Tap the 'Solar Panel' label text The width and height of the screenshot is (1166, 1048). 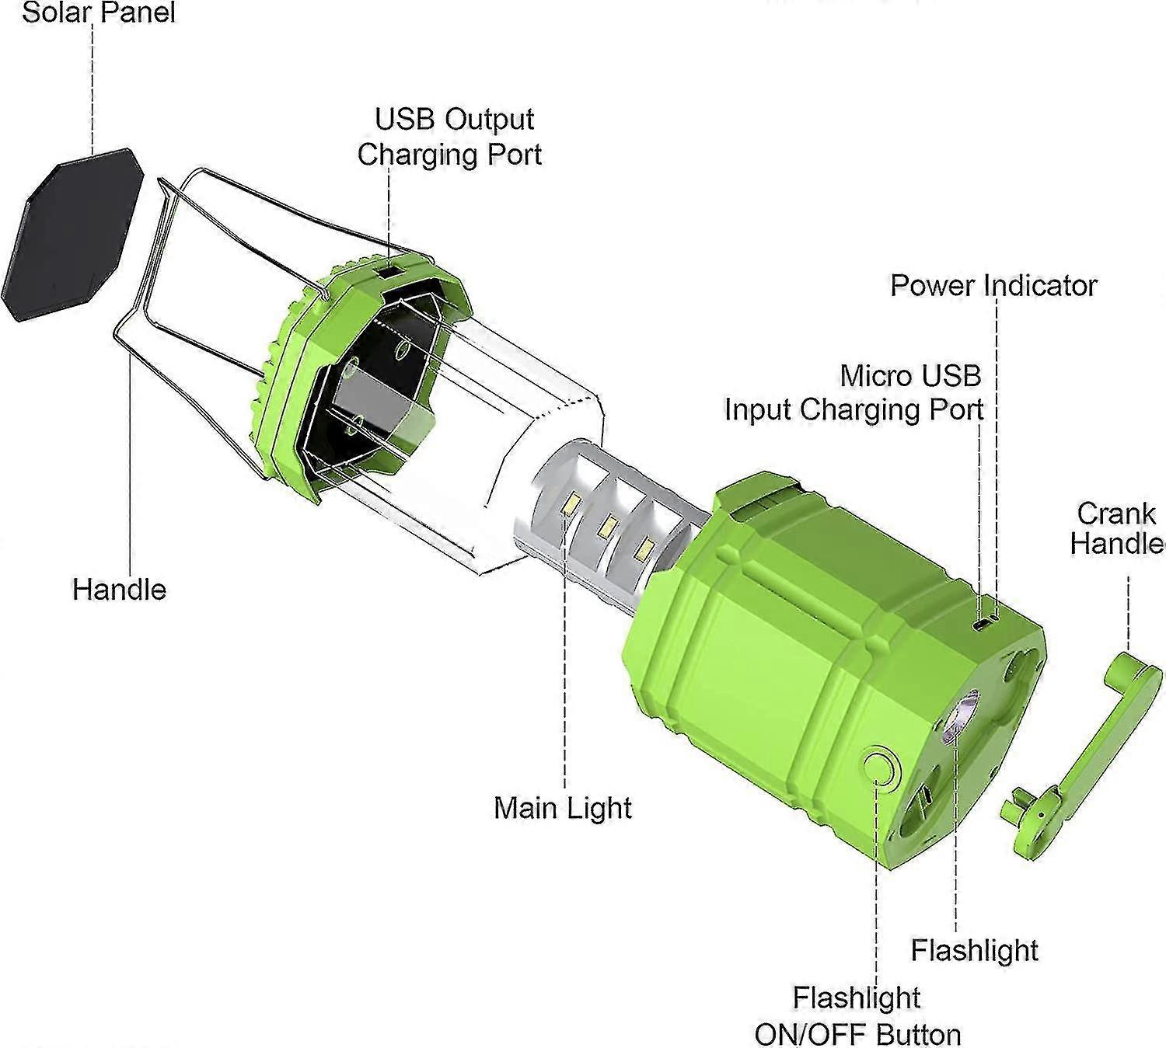coord(99,12)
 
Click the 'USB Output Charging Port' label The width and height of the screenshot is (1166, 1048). coord(450,137)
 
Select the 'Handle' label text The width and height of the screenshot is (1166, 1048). coord(119,589)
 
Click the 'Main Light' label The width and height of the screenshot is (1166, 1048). coord(563,808)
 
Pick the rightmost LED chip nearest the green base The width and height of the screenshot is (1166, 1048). coord(642,550)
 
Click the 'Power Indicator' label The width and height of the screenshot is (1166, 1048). coord(993,285)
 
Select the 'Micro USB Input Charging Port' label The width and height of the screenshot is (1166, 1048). coord(854,392)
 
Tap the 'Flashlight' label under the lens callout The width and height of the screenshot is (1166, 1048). coord(974,950)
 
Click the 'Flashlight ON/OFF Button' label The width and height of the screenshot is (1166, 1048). coord(857,1016)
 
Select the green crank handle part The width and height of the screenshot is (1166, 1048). coord(1088,746)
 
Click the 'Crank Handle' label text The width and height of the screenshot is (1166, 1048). coord(1116,528)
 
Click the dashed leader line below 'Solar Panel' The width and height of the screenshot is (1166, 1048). coord(93,85)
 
